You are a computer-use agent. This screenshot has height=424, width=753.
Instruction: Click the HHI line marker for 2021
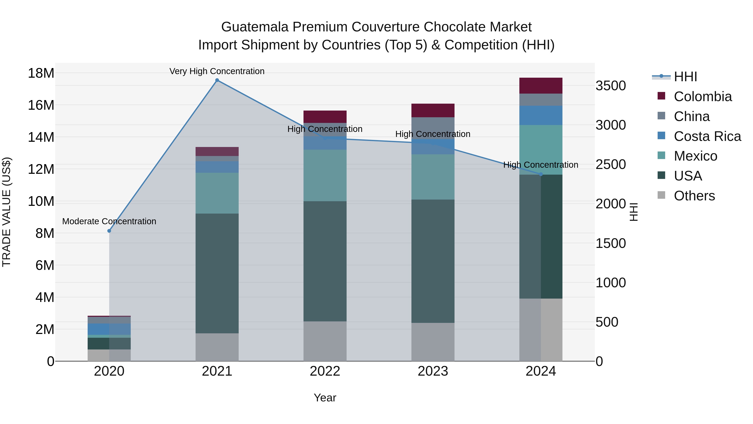point(217,80)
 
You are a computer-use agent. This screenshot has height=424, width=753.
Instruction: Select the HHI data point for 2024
point(540,174)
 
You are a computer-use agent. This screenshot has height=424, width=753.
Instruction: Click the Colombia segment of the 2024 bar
point(540,86)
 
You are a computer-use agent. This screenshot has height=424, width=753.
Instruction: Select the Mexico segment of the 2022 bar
point(325,176)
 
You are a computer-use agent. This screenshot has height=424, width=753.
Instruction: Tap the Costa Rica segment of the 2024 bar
point(540,115)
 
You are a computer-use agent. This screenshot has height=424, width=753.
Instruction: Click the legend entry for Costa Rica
point(707,136)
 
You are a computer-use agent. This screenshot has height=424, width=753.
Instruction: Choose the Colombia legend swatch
point(661,96)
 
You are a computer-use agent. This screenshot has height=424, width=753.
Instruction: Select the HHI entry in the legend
point(685,77)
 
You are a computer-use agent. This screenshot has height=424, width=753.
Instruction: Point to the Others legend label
point(694,196)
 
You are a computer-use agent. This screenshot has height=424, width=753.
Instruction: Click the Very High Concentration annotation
point(217,71)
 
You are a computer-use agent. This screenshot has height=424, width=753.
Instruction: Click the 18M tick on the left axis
point(41,73)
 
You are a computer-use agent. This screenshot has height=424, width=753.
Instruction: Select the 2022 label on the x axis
point(325,371)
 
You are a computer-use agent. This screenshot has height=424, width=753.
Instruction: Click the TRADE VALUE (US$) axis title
point(6,212)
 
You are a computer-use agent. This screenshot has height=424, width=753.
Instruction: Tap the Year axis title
point(325,398)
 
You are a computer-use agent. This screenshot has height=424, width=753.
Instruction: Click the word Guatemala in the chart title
point(255,27)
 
